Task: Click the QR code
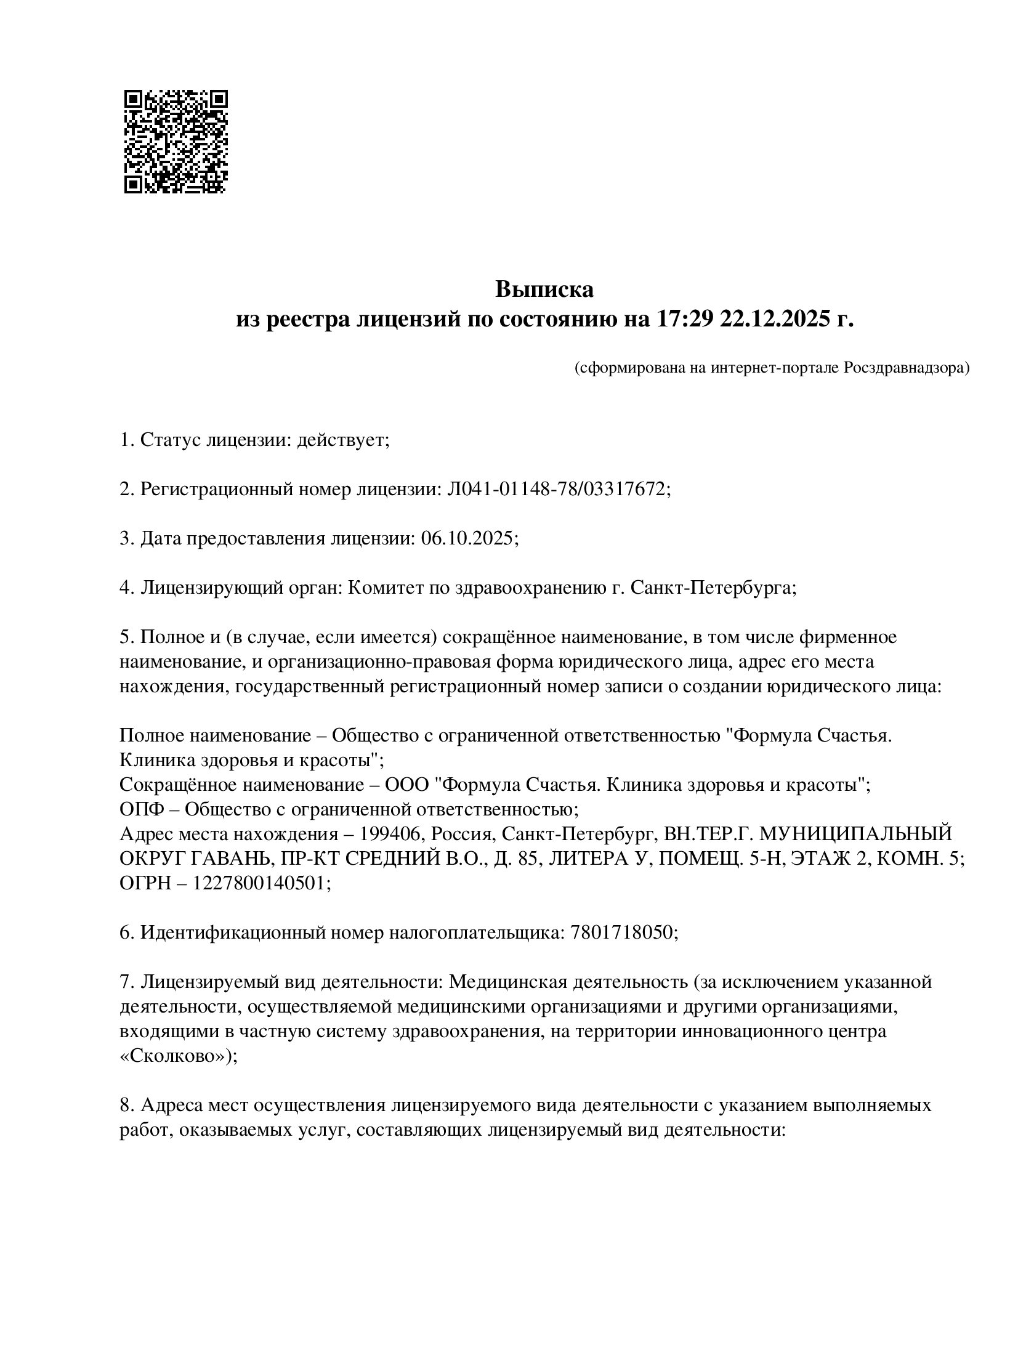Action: [176, 142]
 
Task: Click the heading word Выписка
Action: [544, 289]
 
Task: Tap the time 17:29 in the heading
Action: [680, 320]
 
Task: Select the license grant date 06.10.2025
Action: [467, 538]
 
